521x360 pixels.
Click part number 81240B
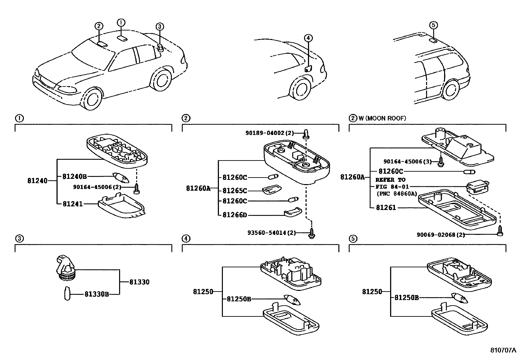tap(74, 177)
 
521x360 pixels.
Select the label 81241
tap(73, 204)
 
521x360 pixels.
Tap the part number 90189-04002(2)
tap(270, 133)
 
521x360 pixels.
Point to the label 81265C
tap(235, 191)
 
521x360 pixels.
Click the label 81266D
tap(235, 215)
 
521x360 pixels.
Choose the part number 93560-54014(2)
tap(272, 233)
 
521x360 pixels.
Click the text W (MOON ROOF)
tap(382, 118)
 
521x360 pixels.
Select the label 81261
tap(386, 207)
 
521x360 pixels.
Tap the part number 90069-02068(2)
tap(440, 235)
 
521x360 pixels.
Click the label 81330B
tap(97, 294)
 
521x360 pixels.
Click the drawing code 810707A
tap(503, 350)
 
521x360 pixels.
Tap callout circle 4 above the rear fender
tap(308, 38)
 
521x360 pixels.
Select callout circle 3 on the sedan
tap(159, 27)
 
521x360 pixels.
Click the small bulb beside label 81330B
tap(67, 294)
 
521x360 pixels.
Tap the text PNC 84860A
tap(397, 194)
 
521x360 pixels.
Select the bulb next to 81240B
tap(121, 177)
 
